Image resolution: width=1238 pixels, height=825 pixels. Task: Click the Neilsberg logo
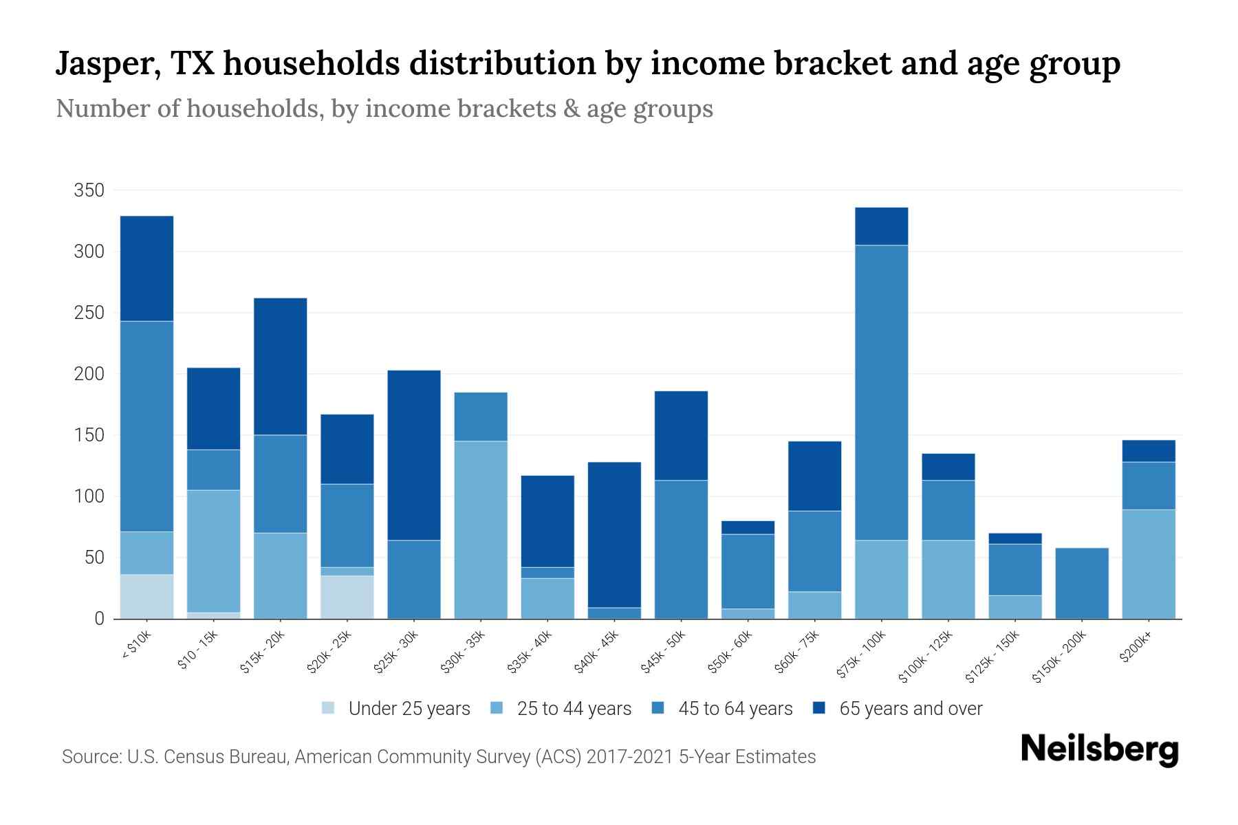pos(1099,749)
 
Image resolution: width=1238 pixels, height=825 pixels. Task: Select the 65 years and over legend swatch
pos(819,707)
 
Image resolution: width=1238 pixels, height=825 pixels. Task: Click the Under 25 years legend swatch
pos(328,707)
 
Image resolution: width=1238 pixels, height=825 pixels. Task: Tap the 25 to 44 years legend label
pos(574,709)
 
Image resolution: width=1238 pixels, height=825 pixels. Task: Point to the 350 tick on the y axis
pos(89,190)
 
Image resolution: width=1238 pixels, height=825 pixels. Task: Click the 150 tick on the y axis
pos(89,435)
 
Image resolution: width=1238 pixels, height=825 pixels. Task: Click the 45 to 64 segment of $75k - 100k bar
pos(881,392)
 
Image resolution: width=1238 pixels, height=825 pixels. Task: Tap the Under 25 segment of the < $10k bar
pos(146,596)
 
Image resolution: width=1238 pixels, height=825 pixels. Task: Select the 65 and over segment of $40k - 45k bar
pos(614,534)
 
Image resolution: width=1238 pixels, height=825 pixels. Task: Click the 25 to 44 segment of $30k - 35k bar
pos(481,529)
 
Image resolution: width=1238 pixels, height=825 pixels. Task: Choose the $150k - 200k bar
pos(1082,583)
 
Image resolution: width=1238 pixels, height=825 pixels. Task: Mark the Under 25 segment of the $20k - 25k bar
pos(347,597)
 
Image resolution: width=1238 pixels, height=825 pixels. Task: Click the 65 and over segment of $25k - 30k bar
pos(414,455)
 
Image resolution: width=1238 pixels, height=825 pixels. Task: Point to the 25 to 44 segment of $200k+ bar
pos(1149,564)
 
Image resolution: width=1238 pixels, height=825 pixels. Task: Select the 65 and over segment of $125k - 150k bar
pos(1015,538)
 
